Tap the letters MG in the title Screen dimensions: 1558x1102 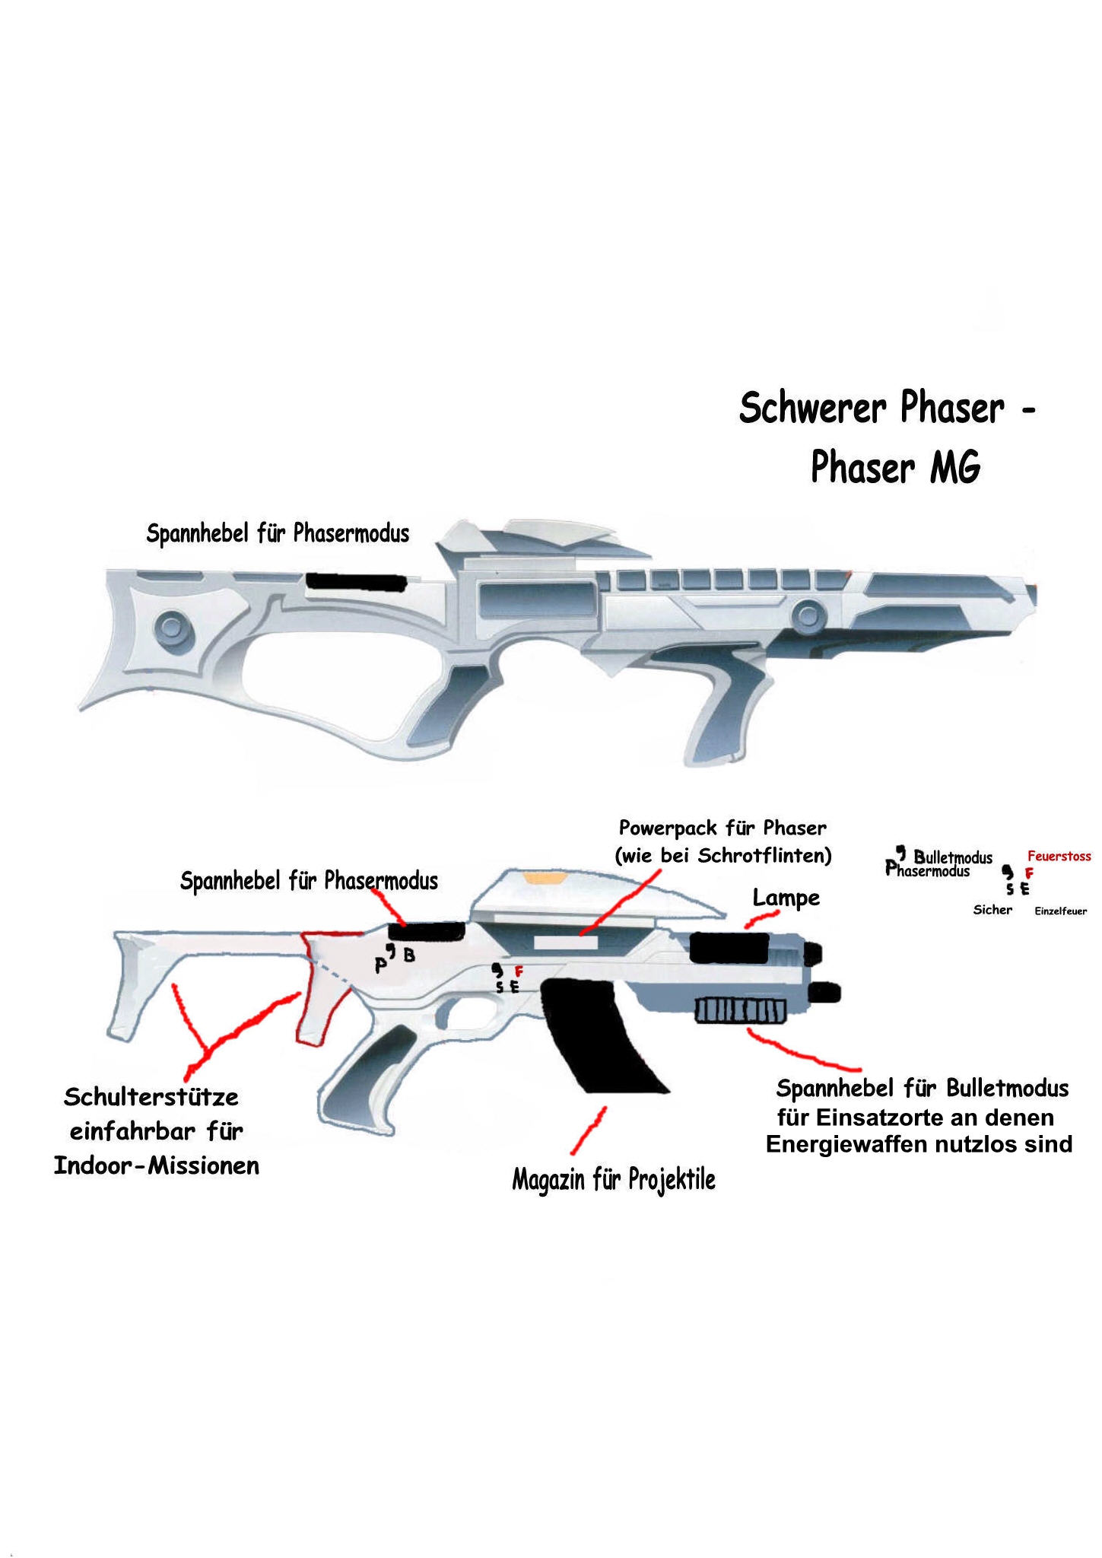pos(954,466)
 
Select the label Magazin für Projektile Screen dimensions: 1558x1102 pos(613,1180)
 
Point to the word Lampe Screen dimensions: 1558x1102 pos(786,898)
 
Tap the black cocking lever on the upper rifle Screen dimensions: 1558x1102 pos(355,581)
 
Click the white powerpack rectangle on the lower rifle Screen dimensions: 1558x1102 pos(566,943)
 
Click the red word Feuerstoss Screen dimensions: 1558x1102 pos(1059,856)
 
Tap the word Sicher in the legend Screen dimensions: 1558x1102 pos(992,910)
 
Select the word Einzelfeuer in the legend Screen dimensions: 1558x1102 pos(1060,911)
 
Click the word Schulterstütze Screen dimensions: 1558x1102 pos(151,1097)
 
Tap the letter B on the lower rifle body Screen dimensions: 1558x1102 pos(409,955)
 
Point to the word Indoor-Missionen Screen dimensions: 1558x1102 pos(156,1165)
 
